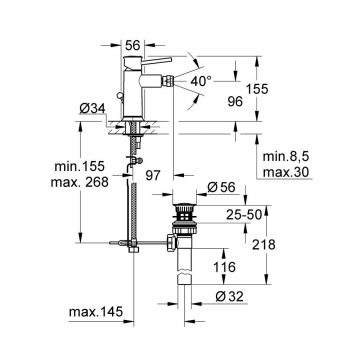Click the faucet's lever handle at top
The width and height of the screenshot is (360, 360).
click(x=169, y=68)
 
